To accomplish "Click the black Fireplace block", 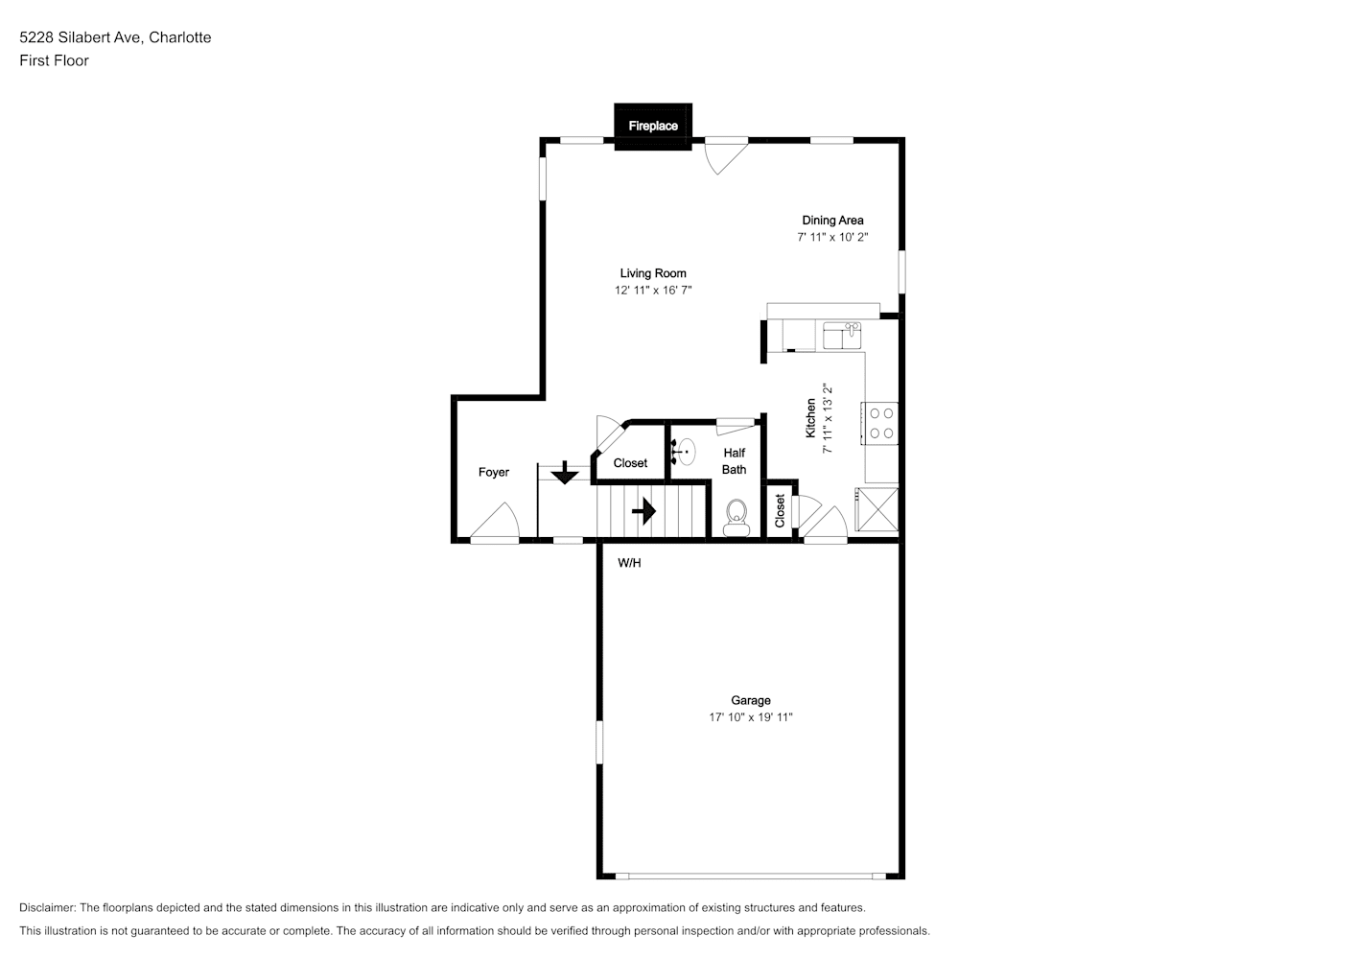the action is click(x=652, y=127).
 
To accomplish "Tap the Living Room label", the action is click(x=652, y=273).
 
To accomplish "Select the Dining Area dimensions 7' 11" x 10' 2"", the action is click(x=832, y=237).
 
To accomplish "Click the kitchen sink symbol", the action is click(x=842, y=336).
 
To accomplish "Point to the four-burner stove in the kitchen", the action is click(x=880, y=423).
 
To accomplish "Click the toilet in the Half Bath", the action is click(x=736, y=518).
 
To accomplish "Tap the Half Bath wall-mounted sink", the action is click(x=684, y=452).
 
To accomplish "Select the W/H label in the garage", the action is click(x=629, y=563).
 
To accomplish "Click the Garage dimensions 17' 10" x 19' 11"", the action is click(x=751, y=717).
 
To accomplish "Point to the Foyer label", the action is click(x=493, y=472).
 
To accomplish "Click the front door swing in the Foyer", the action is click(x=495, y=523).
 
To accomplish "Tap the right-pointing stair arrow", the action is click(x=643, y=511).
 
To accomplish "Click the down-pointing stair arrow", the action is click(x=564, y=472).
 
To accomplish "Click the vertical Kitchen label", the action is click(x=810, y=418).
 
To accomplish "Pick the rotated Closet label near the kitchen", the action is click(x=780, y=511).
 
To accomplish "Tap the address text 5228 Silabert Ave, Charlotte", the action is click(x=115, y=37).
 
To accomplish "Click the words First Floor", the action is click(x=54, y=60).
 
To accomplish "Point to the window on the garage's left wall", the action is click(x=599, y=741).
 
